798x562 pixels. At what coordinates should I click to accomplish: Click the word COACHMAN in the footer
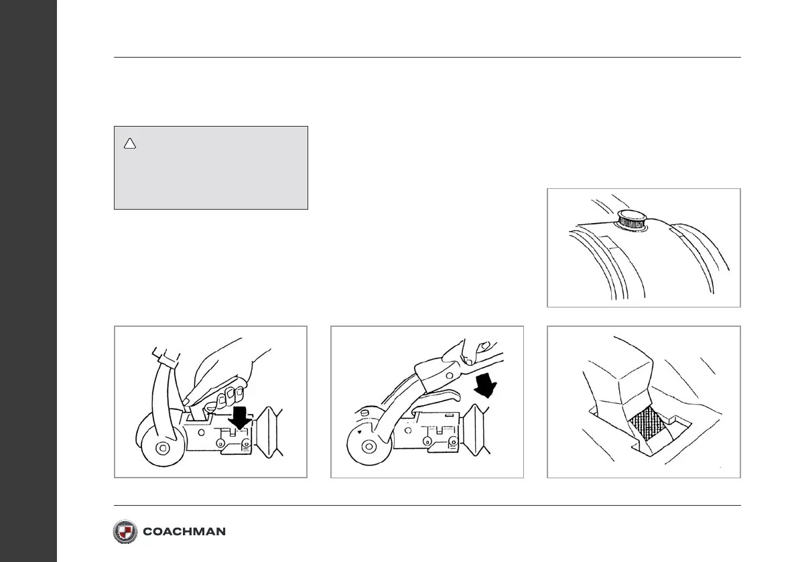[x=184, y=532]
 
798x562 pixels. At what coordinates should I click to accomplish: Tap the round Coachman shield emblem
[x=125, y=531]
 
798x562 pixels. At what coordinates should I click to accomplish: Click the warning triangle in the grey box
[x=130, y=143]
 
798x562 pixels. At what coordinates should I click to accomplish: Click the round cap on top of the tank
[x=631, y=219]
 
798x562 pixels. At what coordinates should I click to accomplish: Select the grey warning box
[x=210, y=167]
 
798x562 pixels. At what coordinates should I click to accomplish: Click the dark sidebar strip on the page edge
[x=28, y=281]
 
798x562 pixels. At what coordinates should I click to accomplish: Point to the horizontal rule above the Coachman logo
[x=427, y=506]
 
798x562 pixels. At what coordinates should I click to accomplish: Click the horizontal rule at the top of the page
[x=427, y=58]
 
